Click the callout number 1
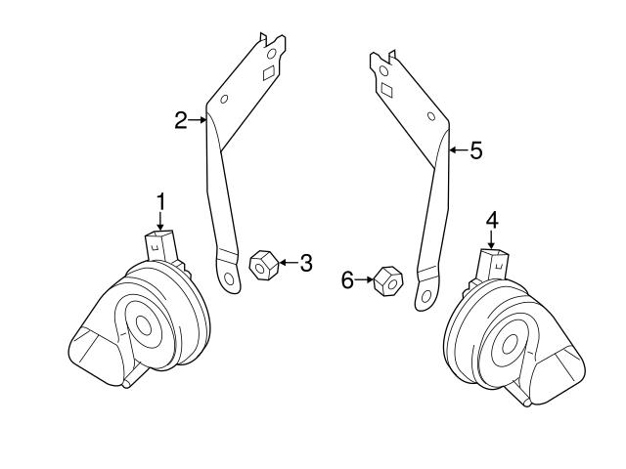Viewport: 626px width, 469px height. (160, 201)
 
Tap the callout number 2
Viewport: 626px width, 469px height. (181, 121)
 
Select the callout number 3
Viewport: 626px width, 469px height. (306, 263)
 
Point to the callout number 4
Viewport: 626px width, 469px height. (493, 218)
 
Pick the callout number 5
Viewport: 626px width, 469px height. (476, 150)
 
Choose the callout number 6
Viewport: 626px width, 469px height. (346, 280)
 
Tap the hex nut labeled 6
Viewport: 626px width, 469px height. (387, 281)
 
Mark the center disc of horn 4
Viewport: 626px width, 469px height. (508, 343)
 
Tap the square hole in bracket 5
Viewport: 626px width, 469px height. (387, 89)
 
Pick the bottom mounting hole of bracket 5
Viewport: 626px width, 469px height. (426, 294)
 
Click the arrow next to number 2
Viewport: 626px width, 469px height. (198, 121)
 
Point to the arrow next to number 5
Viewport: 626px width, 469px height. (458, 150)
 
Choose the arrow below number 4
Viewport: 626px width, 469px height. (493, 238)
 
